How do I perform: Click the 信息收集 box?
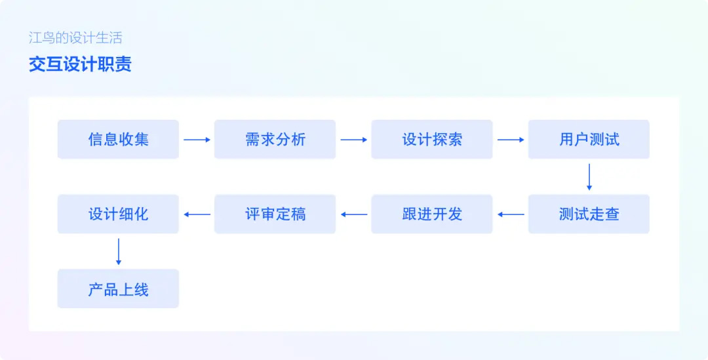(x=118, y=139)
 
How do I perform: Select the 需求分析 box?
(x=275, y=139)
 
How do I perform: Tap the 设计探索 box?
(x=432, y=139)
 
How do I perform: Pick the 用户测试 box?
(x=589, y=139)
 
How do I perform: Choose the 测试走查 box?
(x=589, y=214)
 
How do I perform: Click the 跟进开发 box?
(x=432, y=214)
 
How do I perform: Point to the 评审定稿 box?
(x=275, y=214)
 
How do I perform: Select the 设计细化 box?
(x=118, y=214)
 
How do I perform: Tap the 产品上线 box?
(x=118, y=289)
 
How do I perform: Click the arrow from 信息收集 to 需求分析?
(x=197, y=140)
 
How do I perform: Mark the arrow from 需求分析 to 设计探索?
(x=353, y=140)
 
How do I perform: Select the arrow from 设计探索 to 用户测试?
(x=511, y=140)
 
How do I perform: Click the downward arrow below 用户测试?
(x=589, y=177)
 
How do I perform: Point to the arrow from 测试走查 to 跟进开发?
(x=511, y=214)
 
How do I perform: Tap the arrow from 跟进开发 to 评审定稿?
(x=353, y=214)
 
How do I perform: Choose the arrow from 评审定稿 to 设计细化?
(x=197, y=214)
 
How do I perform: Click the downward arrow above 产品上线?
(x=118, y=252)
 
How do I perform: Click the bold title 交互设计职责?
(x=80, y=64)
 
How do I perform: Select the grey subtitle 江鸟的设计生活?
(x=75, y=37)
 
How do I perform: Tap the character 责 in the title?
(x=123, y=64)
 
